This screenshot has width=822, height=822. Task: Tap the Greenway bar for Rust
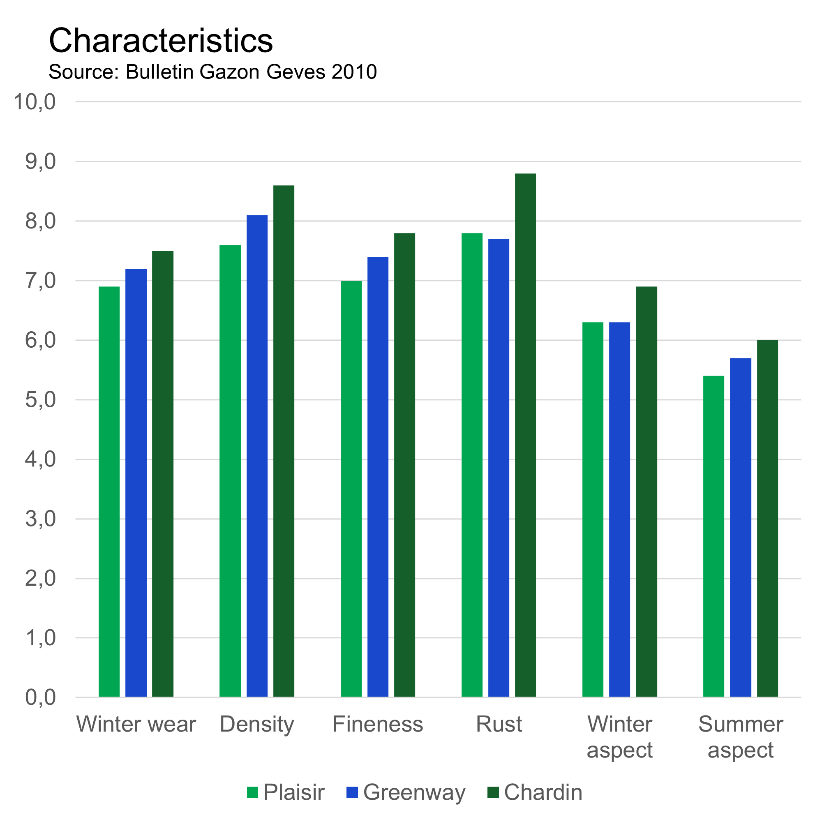pyautogui.click(x=499, y=468)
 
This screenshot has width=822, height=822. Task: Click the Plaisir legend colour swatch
pyautogui.click(x=252, y=792)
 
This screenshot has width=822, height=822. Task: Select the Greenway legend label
pyautogui.click(x=414, y=792)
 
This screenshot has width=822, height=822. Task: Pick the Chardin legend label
pyautogui.click(x=543, y=792)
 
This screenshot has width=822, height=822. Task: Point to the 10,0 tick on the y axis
pyautogui.click(x=35, y=102)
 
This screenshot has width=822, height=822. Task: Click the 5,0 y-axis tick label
pyautogui.click(x=40, y=400)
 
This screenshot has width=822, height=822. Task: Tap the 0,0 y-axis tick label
pyautogui.click(x=40, y=698)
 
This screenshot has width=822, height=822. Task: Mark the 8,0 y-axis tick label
pyautogui.click(x=40, y=221)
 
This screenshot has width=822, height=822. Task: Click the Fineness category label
pyautogui.click(x=378, y=724)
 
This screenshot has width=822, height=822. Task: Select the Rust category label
pyautogui.click(x=499, y=724)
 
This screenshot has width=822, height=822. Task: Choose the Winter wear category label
pyautogui.click(x=136, y=724)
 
